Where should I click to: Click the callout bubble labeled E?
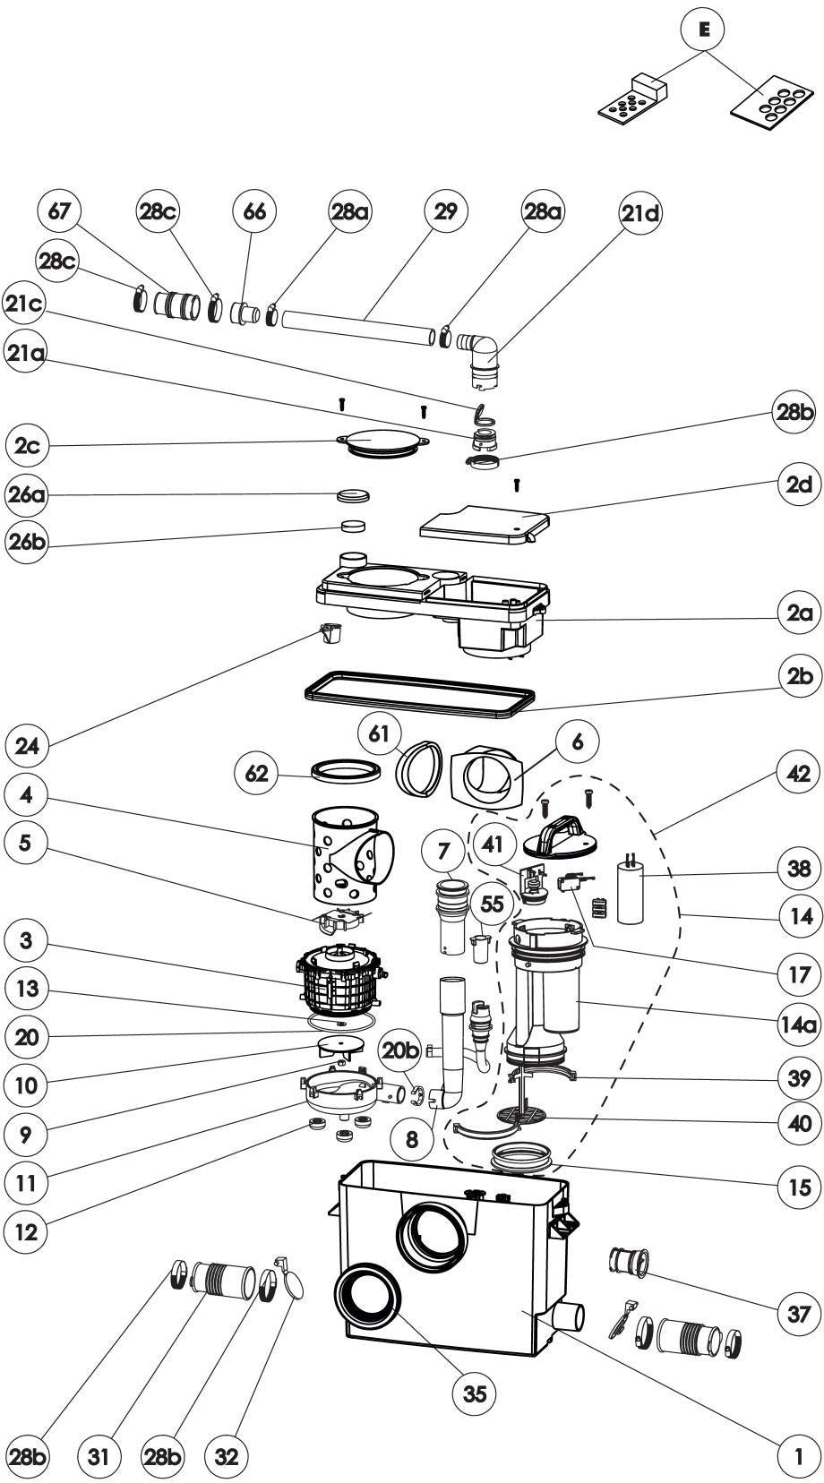pyautogui.click(x=705, y=29)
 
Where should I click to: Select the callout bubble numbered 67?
pyautogui.click(x=60, y=211)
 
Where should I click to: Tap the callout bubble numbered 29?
pyautogui.click(x=445, y=211)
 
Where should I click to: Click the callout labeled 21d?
pyautogui.click(x=640, y=212)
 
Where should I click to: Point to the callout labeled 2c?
pyautogui.click(x=27, y=446)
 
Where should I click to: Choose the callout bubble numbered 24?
pyautogui.click(x=27, y=746)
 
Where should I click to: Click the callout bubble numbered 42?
pyautogui.click(x=798, y=773)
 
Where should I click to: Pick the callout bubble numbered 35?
pyautogui.click(x=475, y=1393)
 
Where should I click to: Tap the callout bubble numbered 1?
pyautogui.click(x=799, y=1456)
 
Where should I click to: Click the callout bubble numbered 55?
pyautogui.click(x=492, y=904)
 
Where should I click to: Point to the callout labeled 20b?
pyautogui.click(x=400, y=1050)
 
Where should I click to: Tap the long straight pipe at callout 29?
pyautogui.click(x=357, y=328)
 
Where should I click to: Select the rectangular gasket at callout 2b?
pyautogui.click(x=420, y=694)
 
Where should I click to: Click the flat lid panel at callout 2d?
pyautogui.click(x=485, y=525)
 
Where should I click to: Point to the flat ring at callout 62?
pyautogui.click(x=346, y=771)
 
